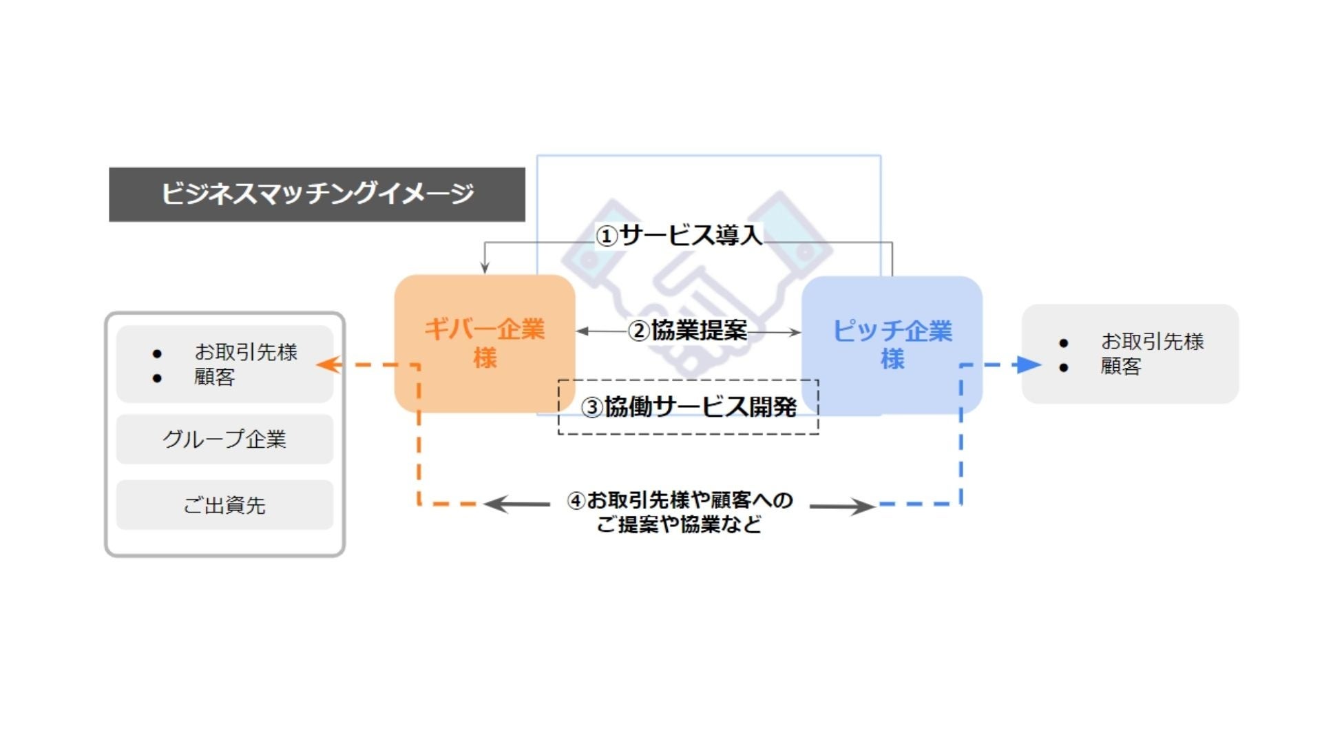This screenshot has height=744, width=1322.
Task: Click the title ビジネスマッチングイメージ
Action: click(317, 194)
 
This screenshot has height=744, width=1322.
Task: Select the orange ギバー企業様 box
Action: click(484, 343)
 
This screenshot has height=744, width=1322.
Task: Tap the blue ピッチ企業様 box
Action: click(892, 344)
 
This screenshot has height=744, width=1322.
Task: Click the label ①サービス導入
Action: click(679, 236)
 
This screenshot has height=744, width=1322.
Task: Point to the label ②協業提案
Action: click(688, 331)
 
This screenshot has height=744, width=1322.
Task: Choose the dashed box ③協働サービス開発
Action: click(689, 407)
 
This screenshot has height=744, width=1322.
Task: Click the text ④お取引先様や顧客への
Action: click(680, 499)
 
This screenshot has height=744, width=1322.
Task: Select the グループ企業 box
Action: click(224, 439)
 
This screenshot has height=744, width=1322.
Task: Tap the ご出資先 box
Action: click(224, 505)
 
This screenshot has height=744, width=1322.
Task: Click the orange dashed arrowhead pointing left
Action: click(329, 364)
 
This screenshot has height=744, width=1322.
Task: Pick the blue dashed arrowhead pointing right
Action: click(1029, 364)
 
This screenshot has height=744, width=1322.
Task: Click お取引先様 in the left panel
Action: click(246, 352)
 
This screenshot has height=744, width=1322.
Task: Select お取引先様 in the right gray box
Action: click(1152, 341)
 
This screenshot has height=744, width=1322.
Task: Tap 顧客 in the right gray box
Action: click(1121, 366)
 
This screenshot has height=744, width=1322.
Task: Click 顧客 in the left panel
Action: click(215, 377)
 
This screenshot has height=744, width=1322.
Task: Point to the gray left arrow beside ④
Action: click(516, 504)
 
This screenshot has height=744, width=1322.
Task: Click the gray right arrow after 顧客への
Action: click(842, 506)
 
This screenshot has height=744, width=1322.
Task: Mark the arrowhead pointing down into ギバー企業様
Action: click(485, 267)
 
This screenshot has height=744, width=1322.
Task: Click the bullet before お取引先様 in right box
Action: click(1064, 342)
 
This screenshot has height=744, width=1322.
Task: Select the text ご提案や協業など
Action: click(679, 525)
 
